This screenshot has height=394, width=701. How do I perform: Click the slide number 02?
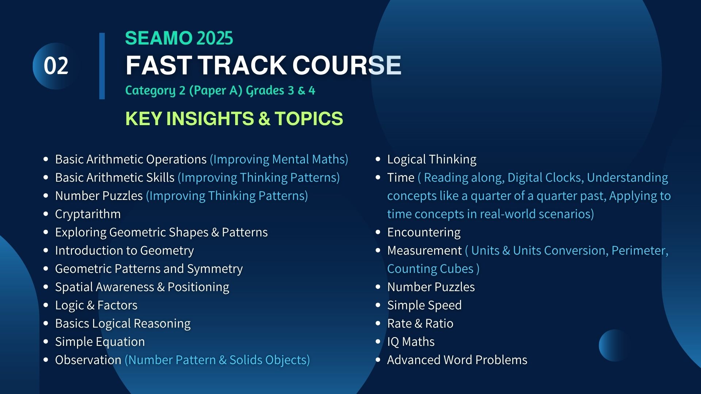tap(56, 66)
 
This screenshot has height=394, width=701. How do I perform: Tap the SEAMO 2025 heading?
tap(179, 38)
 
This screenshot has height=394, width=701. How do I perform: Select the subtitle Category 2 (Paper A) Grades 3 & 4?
tap(220, 90)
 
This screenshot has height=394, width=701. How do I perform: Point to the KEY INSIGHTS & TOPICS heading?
tap(234, 119)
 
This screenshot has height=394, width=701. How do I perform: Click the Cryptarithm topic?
tap(88, 214)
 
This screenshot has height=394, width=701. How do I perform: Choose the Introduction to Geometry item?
tap(125, 251)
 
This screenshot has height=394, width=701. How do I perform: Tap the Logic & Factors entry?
tap(96, 305)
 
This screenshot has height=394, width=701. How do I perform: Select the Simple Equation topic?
tap(100, 342)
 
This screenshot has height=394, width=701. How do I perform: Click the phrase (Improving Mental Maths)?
tap(279, 159)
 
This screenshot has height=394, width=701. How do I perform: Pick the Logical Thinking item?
tap(432, 159)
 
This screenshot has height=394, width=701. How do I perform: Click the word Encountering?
tap(424, 232)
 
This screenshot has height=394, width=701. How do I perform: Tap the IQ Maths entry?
tap(411, 342)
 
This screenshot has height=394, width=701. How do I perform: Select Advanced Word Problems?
tap(457, 360)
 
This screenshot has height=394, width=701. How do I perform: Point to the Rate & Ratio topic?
tap(420, 324)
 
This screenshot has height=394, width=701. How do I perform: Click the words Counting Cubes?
tap(430, 269)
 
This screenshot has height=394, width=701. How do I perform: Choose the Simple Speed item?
tap(424, 305)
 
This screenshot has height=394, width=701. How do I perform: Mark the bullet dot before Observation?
tap(46, 360)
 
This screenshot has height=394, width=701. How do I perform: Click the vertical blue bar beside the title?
tap(102, 66)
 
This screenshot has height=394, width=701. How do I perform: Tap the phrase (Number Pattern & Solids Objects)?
tap(217, 360)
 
